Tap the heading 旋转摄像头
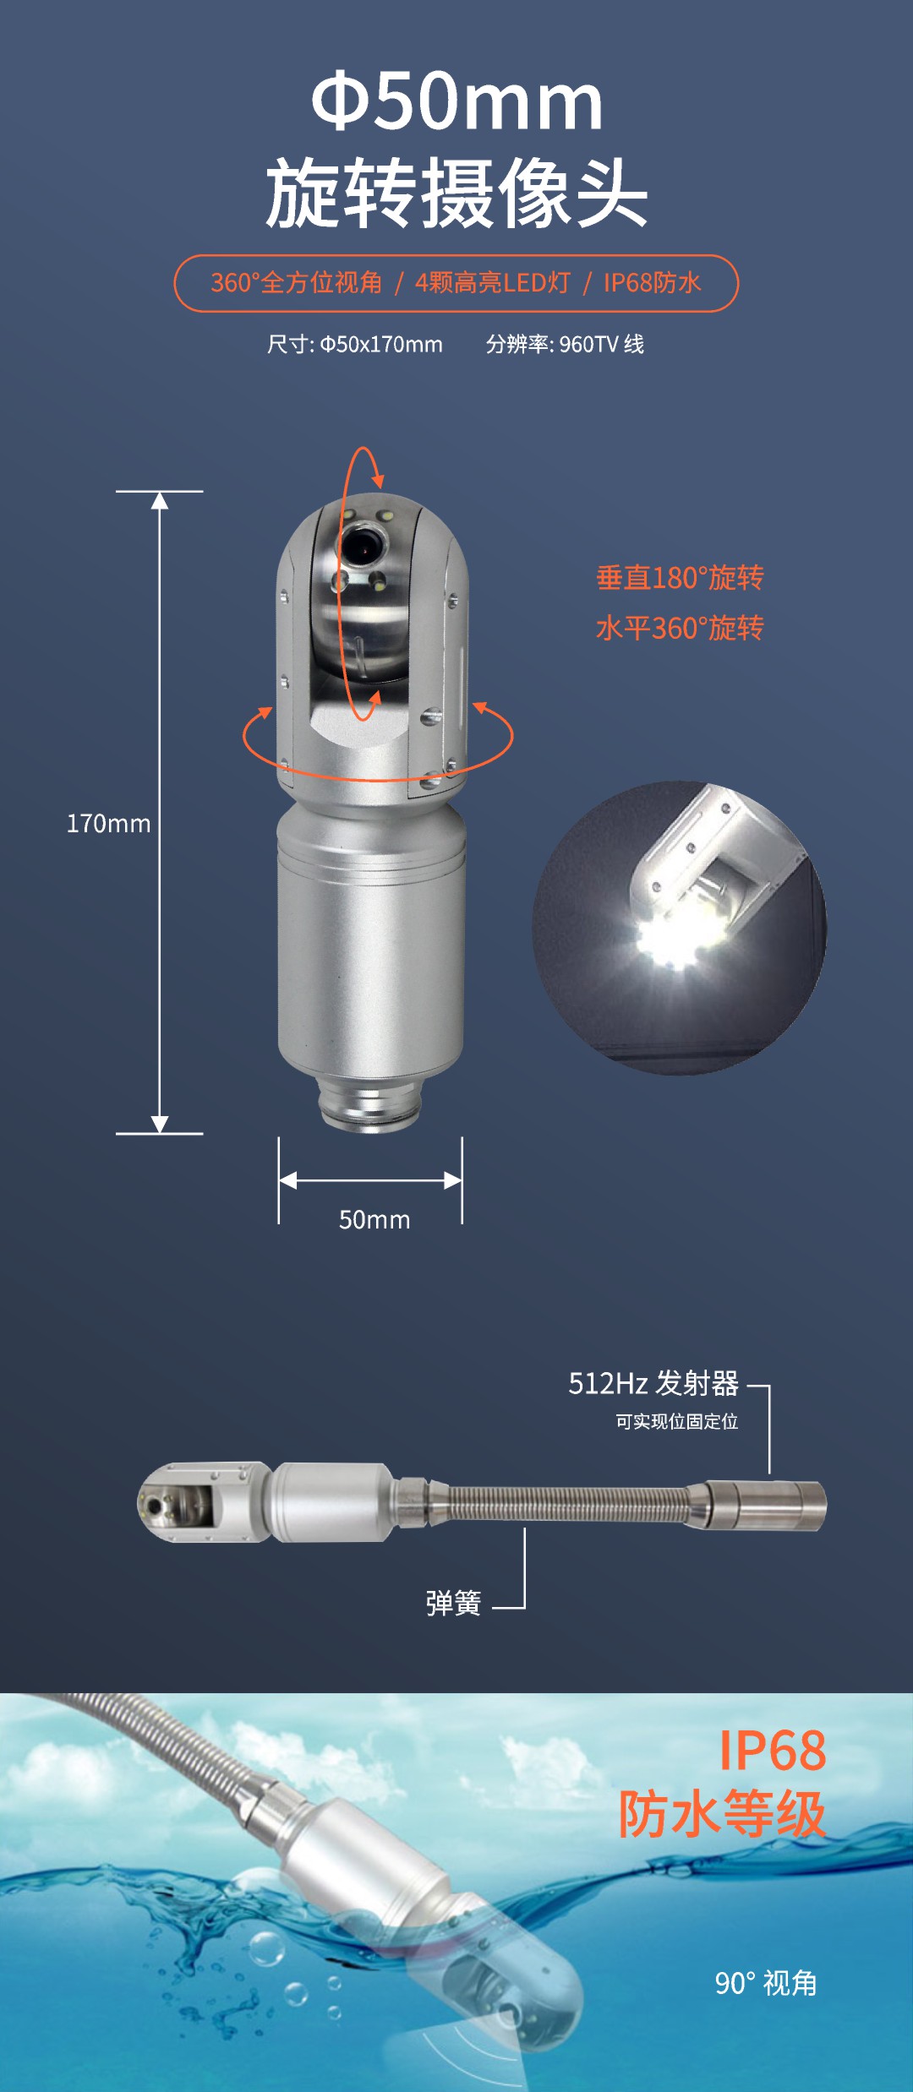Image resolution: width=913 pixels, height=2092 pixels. click(456, 193)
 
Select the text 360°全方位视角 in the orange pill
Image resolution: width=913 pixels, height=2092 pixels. click(297, 282)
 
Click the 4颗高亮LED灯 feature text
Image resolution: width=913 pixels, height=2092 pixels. click(493, 282)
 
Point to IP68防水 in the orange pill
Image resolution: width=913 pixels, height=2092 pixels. click(652, 282)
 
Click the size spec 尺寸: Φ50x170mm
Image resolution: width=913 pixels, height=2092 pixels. click(355, 344)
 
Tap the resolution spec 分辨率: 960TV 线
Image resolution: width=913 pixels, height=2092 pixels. click(565, 344)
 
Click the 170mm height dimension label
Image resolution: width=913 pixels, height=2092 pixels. click(108, 823)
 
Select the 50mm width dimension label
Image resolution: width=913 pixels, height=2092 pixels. click(374, 1219)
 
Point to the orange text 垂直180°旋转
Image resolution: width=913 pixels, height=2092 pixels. click(680, 578)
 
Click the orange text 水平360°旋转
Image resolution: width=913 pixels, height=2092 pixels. click(680, 628)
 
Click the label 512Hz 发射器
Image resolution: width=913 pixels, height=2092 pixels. click(653, 1383)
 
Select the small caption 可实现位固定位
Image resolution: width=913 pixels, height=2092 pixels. click(676, 1421)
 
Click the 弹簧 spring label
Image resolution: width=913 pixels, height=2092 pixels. click(453, 1603)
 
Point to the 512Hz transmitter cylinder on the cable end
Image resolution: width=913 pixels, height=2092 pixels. click(766, 1505)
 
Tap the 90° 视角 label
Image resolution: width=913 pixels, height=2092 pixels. click(766, 1983)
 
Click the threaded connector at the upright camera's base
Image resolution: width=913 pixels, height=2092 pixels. click(370, 1102)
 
